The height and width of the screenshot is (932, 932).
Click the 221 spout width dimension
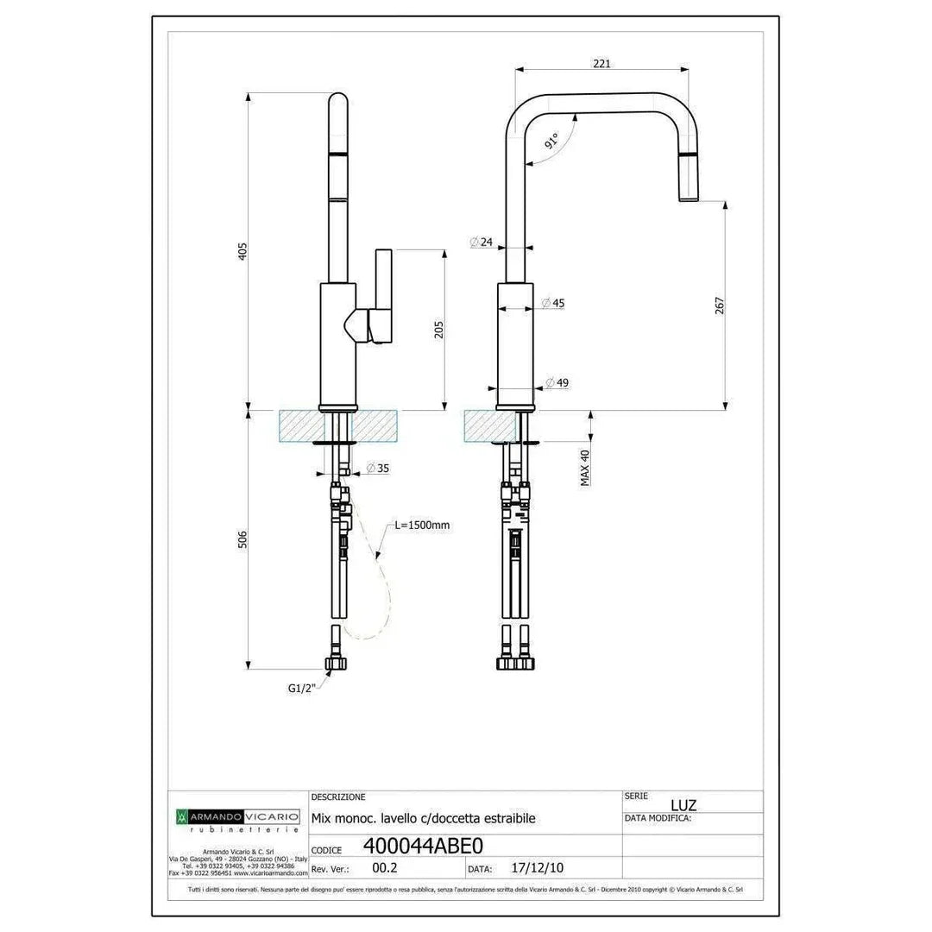point(601,63)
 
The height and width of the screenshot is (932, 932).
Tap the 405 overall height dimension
point(242,251)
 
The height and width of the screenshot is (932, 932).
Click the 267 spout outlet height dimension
point(720,306)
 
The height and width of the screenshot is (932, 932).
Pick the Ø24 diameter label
point(482,242)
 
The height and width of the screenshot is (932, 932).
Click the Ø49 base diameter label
point(557,383)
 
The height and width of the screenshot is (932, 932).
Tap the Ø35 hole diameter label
point(377,468)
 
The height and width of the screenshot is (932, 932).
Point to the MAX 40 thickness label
point(585,467)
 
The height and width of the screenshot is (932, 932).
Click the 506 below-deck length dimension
point(242,539)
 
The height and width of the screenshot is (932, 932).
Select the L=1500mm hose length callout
point(422,525)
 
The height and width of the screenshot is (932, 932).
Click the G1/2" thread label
point(302,688)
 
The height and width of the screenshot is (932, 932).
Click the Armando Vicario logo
point(237,815)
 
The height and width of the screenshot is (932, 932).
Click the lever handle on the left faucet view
point(380,293)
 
